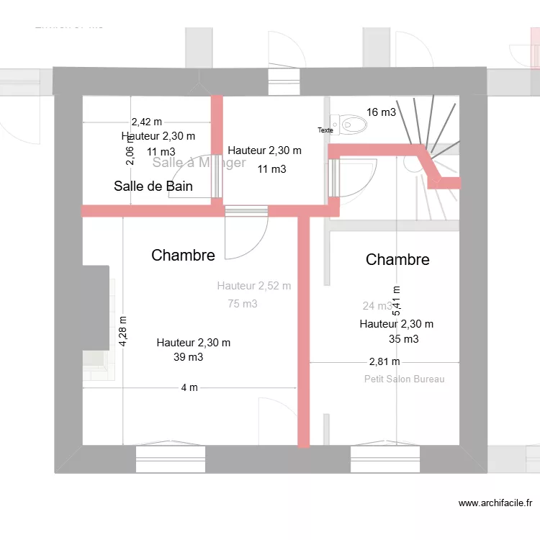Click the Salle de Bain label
coord(153,186)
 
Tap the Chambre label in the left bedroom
coord(183,255)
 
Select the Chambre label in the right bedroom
coord(397,259)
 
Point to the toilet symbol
coord(351,124)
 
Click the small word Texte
coord(325,130)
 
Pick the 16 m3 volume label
coord(381,112)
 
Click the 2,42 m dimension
coord(146,122)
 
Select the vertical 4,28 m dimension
coord(123,332)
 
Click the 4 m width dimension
coord(189,387)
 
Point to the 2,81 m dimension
coord(384,361)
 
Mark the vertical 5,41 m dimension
coord(396,301)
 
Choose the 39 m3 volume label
coord(189,356)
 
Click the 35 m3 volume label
coord(404,339)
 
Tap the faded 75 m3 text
coord(243,304)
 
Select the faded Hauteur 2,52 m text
coord(253,286)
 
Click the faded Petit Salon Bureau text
coord(404,379)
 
